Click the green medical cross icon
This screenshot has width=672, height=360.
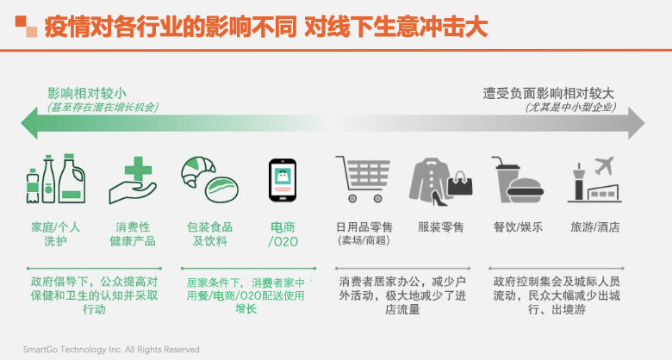tap(138, 170)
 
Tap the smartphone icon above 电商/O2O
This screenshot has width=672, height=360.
tap(283, 180)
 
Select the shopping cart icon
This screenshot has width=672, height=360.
tap(363, 179)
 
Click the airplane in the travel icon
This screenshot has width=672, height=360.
tap(604, 165)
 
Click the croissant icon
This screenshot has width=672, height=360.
tap(197, 171)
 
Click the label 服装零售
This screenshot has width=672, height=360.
tap(441, 227)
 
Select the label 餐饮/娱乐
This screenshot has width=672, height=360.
tap(518, 227)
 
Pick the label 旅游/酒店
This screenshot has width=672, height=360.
tap(594, 227)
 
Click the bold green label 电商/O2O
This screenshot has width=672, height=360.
tap(283, 234)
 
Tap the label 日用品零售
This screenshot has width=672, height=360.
tap(364, 227)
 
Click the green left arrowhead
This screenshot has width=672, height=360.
tap(29, 123)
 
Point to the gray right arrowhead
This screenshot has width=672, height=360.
tap(636, 123)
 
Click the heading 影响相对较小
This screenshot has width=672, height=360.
tap(86, 93)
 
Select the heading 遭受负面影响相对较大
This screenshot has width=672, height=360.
tap(548, 93)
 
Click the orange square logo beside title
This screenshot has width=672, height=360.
tap(26, 27)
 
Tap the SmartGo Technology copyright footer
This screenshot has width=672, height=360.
tap(111, 350)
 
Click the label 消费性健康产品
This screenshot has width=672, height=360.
tap(133, 234)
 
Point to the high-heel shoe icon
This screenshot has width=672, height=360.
tap(439, 198)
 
